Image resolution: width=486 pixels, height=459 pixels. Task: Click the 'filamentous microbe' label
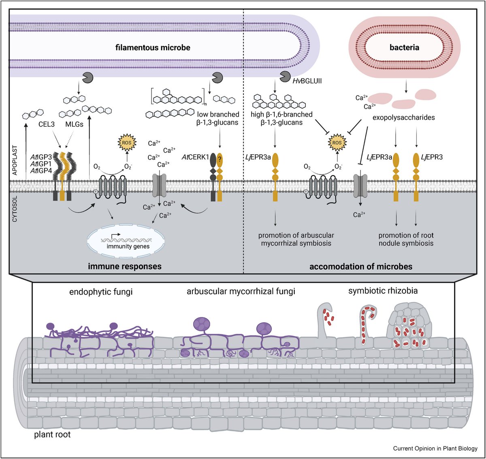click(x=153, y=47)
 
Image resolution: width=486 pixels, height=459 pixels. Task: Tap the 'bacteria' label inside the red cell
click(x=404, y=47)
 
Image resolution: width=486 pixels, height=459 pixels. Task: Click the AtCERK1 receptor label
click(x=195, y=157)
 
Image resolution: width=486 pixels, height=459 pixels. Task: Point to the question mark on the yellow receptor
click(x=220, y=160)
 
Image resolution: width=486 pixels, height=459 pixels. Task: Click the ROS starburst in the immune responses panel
click(x=127, y=142)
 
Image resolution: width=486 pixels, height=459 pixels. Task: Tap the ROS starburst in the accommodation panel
click(x=337, y=142)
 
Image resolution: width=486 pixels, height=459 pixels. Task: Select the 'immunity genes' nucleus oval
click(x=126, y=242)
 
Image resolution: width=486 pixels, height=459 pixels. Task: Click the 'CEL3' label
click(x=47, y=124)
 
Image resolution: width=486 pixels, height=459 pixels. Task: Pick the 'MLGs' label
click(x=74, y=124)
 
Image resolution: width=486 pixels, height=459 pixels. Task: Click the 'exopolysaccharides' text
click(x=403, y=118)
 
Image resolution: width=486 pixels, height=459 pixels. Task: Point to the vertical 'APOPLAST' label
click(x=15, y=160)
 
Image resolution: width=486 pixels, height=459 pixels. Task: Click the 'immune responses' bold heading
click(x=125, y=266)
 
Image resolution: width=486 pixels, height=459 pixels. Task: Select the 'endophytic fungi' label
click(x=101, y=291)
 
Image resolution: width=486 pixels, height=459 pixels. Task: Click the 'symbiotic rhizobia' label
click(x=383, y=291)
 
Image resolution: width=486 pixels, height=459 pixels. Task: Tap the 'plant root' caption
click(x=52, y=435)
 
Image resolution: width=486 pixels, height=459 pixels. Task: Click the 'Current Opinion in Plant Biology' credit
click(x=435, y=448)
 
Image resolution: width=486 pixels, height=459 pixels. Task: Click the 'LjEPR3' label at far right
click(x=432, y=157)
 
